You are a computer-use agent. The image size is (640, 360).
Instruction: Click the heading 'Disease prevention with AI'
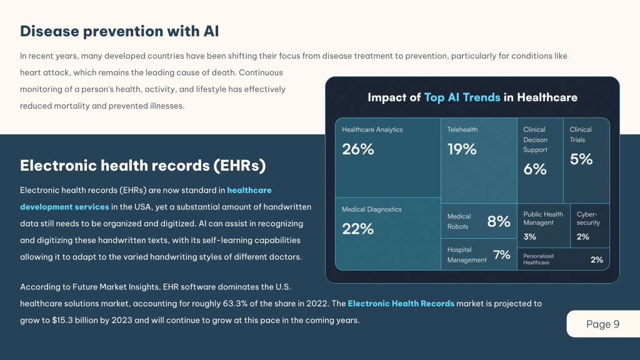point(119,31)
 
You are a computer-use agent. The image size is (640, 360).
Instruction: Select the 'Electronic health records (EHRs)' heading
point(143,165)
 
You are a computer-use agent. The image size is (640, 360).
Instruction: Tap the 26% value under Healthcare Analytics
point(358,149)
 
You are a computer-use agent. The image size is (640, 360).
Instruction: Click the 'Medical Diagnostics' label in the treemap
point(371,209)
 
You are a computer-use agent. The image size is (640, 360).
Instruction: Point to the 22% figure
point(357,229)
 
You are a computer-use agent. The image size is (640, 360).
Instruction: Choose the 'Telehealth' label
point(462,129)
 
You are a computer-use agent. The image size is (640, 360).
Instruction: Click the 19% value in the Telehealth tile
point(462,149)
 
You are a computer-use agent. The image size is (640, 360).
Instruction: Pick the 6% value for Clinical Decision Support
point(535,169)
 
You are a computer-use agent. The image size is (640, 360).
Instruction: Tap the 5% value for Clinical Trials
point(581,159)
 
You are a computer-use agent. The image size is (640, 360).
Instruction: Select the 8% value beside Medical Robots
point(499,222)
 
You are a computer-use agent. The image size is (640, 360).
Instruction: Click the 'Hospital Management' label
point(467,255)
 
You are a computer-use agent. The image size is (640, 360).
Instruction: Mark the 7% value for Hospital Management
point(502,255)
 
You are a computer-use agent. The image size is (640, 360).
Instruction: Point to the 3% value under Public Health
point(530,237)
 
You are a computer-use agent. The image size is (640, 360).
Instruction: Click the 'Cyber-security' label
point(588,218)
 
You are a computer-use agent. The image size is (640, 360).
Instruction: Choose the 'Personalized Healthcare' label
point(538,259)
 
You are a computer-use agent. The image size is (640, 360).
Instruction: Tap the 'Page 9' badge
point(603,324)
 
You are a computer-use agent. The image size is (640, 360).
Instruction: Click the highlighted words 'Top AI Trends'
point(462,97)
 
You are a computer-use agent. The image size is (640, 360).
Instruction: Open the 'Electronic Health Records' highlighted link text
point(401,303)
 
